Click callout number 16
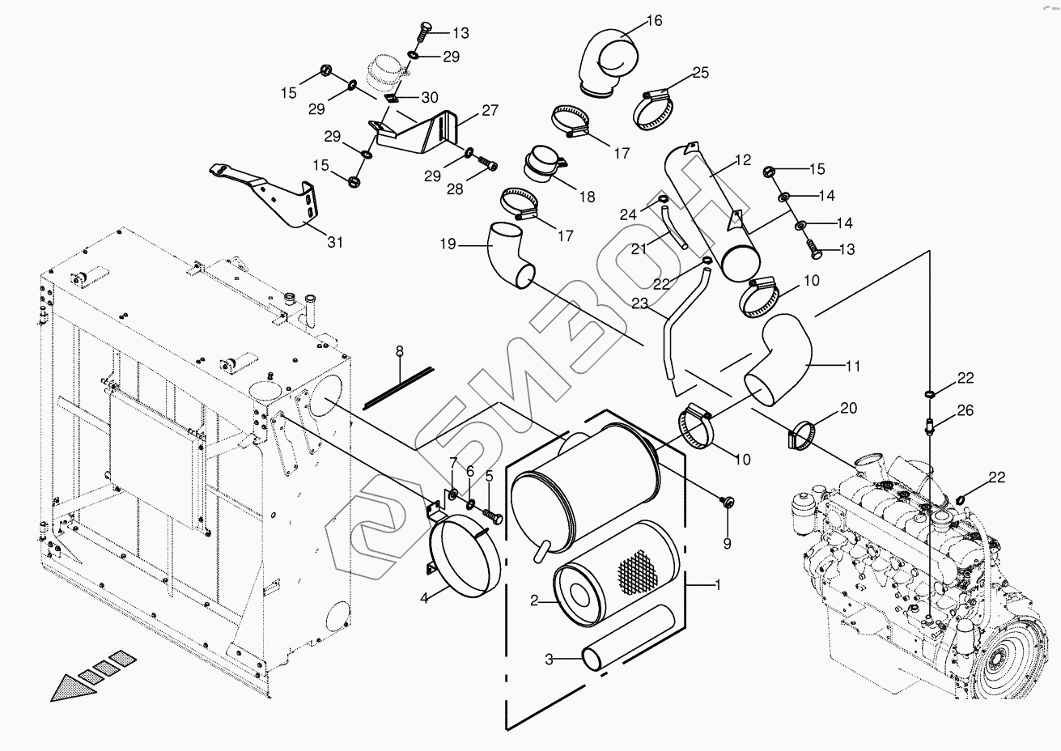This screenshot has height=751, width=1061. [654, 21]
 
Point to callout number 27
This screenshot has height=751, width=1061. [490, 111]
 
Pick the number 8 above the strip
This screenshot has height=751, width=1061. [399, 350]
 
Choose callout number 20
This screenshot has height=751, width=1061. [847, 408]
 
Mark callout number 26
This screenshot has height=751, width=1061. [966, 410]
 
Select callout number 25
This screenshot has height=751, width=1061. [700, 73]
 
